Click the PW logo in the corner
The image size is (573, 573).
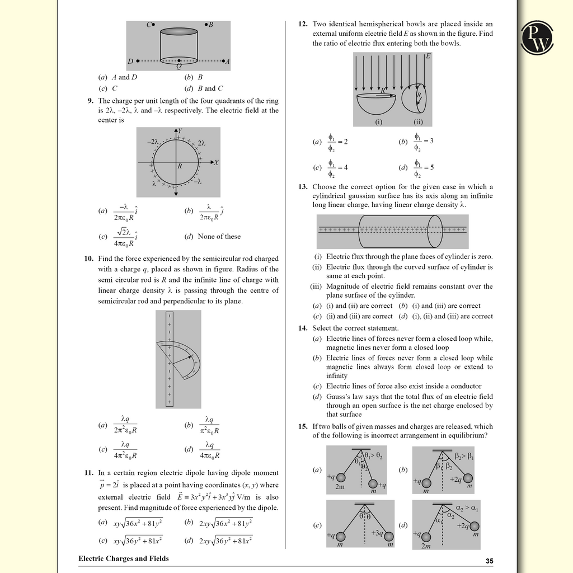coord(538,38)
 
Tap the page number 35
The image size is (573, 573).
coord(490,561)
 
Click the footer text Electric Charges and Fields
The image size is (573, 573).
coord(123,558)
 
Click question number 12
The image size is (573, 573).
coord(303,24)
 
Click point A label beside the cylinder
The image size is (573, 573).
coord(227,61)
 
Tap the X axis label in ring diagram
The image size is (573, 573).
coord(216,162)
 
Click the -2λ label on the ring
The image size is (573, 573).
coord(153,142)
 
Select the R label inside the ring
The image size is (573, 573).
coord(180,166)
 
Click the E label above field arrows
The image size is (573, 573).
coord(428,57)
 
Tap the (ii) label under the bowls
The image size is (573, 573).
coord(418,122)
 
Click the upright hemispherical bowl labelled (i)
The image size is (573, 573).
coord(376,102)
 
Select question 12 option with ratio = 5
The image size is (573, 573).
coord(424,167)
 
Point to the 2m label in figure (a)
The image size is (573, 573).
coord(340,487)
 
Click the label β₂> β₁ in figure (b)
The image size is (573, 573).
coord(464,457)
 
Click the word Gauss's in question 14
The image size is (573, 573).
coord(339,396)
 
